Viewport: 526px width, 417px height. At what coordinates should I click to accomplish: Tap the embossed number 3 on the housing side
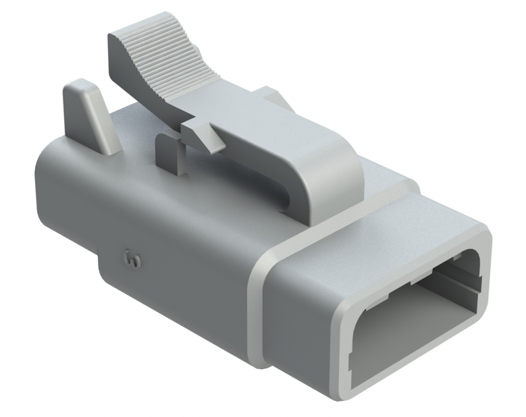[x=131, y=256]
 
